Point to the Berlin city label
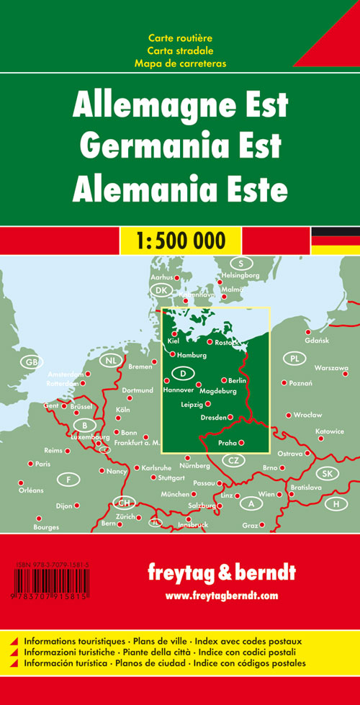coord(238,380)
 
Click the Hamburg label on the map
coord(192,356)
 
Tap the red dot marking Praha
coord(241,443)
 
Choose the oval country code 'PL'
coord(294,358)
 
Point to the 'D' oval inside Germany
coord(184,373)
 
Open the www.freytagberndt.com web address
coord(221,596)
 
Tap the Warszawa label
coord(331,368)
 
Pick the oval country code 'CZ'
coord(233,461)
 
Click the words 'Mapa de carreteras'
coord(180,63)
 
